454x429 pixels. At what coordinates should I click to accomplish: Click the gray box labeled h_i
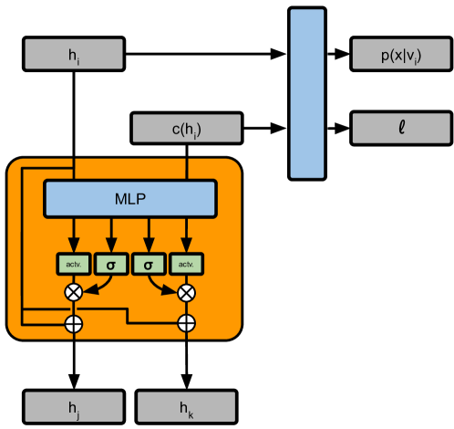tap(74, 54)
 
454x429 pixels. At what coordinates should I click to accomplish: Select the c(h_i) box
tap(186, 129)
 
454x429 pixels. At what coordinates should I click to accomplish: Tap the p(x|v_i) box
tap(401, 54)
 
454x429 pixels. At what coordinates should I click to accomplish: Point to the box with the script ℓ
tap(401, 129)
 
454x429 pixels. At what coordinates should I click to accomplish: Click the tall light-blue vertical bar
tap(307, 93)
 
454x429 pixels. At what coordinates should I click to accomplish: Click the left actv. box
tap(73, 265)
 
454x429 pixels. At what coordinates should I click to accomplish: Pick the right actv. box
tap(187, 265)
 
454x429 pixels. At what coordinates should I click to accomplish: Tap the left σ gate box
tap(111, 265)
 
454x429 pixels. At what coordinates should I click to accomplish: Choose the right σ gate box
tap(149, 265)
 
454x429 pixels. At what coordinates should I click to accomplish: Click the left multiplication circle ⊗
tap(73, 292)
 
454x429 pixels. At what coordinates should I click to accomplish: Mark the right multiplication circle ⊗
tap(187, 292)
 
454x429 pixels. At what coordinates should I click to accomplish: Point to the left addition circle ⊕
tap(73, 322)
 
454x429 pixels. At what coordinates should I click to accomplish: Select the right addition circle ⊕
tap(187, 322)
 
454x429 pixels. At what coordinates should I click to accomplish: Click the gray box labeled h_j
tap(73, 406)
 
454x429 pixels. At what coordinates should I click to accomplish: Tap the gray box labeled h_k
tap(186, 406)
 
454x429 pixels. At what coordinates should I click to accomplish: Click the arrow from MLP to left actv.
tap(73, 233)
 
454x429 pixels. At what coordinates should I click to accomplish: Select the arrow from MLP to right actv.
tap(187, 233)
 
